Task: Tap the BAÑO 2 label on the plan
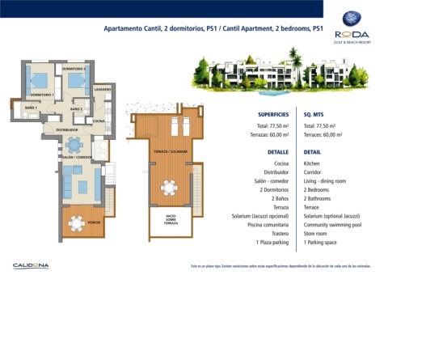(76, 109)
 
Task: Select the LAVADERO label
(102, 88)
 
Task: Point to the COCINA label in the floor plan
(99, 121)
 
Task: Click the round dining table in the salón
(74, 146)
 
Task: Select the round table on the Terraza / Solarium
(169, 188)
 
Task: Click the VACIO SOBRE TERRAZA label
(171, 220)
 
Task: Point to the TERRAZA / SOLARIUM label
(169, 151)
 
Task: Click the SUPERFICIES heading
(274, 115)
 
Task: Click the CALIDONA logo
(31, 265)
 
